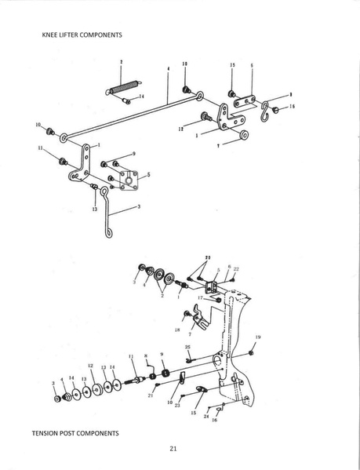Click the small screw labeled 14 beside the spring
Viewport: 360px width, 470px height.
pyautogui.click(x=126, y=100)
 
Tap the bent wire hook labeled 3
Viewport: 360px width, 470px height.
pyautogui.click(x=104, y=224)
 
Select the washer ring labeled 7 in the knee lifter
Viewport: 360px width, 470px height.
pyautogui.click(x=244, y=137)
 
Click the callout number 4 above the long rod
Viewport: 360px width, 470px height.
pyautogui.click(x=169, y=68)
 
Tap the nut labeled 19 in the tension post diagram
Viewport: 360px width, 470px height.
pyautogui.click(x=251, y=352)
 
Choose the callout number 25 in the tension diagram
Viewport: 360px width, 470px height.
pyautogui.click(x=187, y=346)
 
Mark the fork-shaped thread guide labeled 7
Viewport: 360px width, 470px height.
pyautogui.click(x=200, y=316)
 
